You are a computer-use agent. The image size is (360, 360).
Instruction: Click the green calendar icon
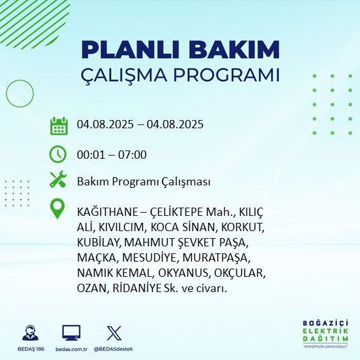58,125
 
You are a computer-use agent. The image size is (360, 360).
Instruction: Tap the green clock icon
58,154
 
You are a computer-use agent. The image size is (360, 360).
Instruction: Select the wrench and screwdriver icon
58,180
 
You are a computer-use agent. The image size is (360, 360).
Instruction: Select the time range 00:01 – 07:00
112,154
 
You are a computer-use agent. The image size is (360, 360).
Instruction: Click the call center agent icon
29,333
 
